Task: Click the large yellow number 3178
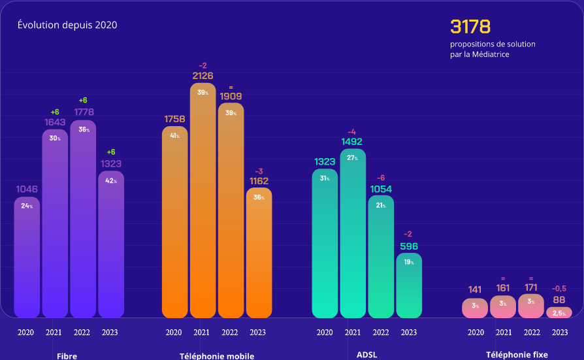470,27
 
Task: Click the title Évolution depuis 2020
67,25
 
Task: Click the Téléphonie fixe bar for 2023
559,312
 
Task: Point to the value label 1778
83,112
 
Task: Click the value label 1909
231,96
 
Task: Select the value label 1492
351,141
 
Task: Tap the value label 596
408,246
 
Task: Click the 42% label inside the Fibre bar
111,180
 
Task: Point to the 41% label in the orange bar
174,135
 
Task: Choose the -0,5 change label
559,288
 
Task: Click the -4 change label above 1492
351,132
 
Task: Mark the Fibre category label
67,356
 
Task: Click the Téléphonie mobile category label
217,356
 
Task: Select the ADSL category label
367,355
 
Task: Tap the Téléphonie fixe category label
517,355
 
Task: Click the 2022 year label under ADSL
380,333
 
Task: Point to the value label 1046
27,189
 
